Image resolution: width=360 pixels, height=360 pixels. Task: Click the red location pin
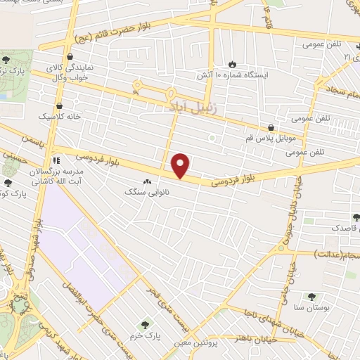tap(181, 165)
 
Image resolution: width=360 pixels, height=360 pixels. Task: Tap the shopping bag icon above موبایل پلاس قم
tap(271, 127)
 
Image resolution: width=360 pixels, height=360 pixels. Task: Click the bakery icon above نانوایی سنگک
tap(146, 181)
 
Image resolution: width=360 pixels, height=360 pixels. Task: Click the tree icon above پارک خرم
tap(145, 324)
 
